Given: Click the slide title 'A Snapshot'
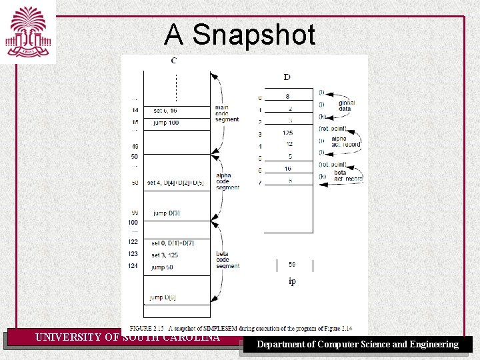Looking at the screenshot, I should click(239, 35).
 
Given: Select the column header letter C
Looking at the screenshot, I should click(174, 61).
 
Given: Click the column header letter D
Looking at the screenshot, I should click(287, 77).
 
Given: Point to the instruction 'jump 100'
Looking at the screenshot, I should click(165, 123).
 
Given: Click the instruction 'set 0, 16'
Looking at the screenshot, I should click(165, 110).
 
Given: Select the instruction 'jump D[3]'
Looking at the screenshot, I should click(166, 213).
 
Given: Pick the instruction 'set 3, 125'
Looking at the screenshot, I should click(165, 255).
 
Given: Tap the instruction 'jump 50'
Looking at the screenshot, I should click(163, 267).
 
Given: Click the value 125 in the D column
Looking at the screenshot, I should click(287, 133).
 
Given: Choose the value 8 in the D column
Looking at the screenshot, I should click(287, 97).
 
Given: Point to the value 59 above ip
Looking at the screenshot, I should click(292, 265).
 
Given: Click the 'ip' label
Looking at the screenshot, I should click(292, 281).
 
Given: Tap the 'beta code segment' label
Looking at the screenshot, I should click(227, 260).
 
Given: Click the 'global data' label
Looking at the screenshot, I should click(346, 105).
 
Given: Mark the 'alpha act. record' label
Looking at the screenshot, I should click(345, 141).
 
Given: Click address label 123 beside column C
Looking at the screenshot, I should click(133, 255).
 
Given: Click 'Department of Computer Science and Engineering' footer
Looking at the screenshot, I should click(358, 344).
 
